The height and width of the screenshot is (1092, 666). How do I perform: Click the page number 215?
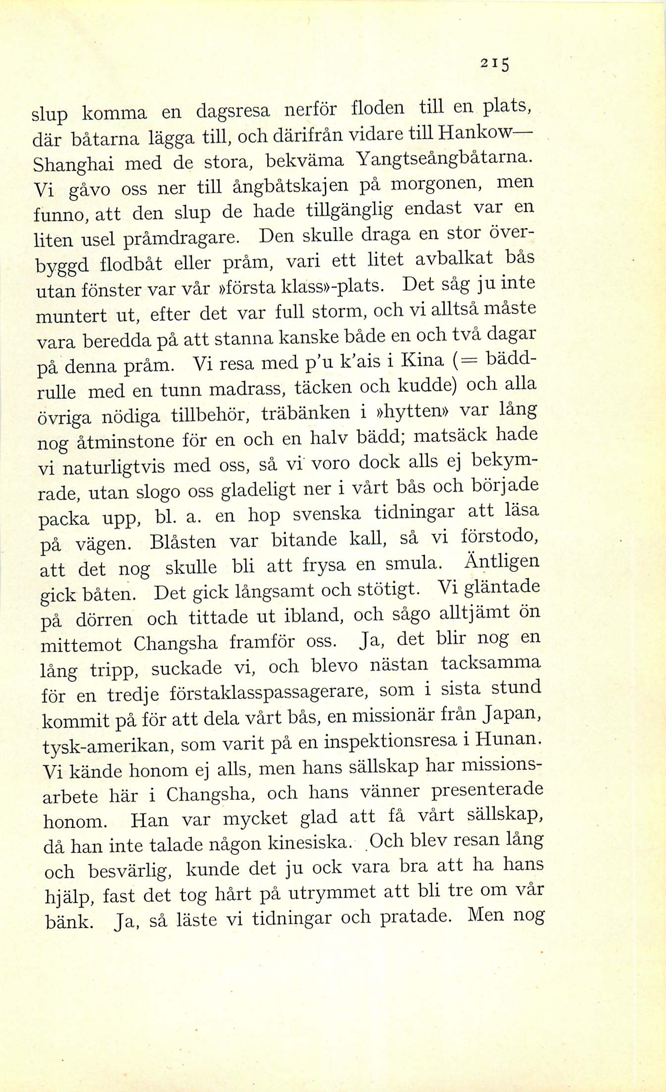[x=495, y=64]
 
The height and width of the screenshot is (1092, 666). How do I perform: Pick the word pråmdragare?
[x=181, y=239]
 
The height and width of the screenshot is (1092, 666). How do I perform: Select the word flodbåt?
[x=131, y=263]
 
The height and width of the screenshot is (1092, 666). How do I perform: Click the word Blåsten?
[x=183, y=541]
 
